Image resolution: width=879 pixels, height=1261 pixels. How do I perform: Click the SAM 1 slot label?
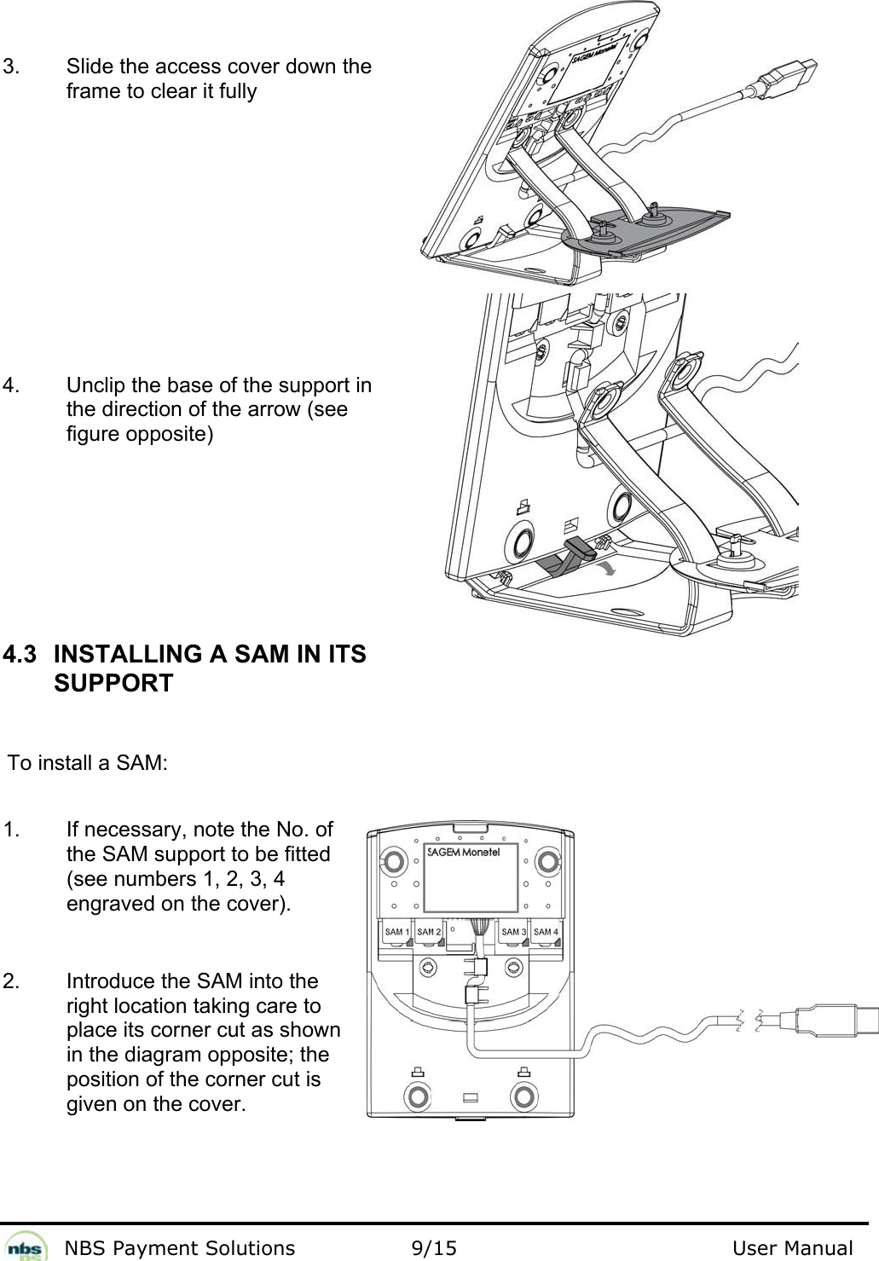394,932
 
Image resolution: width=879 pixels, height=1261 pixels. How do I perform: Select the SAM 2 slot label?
429,932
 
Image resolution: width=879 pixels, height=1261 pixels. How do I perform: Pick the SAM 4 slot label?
546,932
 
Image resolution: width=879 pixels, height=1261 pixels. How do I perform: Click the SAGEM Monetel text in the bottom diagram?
462,852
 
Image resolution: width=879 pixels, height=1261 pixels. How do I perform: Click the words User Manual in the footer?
792,1248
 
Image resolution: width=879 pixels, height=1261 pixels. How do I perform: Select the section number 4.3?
20,655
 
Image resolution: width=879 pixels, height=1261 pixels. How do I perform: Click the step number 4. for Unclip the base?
12,385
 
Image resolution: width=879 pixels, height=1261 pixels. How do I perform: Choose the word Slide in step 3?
86,67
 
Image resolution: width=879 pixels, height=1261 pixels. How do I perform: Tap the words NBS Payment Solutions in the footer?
180,1248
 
